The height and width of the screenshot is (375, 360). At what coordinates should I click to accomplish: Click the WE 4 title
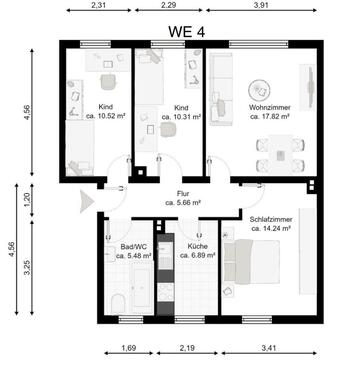(186, 32)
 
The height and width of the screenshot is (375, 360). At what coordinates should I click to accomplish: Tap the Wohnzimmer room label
(270, 107)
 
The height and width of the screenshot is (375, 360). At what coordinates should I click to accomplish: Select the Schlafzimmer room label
(271, 219)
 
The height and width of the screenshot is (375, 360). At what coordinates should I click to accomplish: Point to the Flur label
(183, 193)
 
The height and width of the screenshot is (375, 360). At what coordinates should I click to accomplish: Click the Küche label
(197, 246)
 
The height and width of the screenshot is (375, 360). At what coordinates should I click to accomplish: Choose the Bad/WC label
(134, 247)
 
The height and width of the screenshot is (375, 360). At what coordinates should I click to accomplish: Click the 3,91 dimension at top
(261, 5)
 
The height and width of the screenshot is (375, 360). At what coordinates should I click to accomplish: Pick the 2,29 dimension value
(168, 5)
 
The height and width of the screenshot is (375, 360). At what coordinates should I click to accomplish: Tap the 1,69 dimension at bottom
(129, 348)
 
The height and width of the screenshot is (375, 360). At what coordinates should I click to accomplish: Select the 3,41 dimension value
(269, 348)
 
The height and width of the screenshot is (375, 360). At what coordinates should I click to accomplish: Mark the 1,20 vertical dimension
(27, 199)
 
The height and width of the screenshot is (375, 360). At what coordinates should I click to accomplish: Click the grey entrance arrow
(87, 201)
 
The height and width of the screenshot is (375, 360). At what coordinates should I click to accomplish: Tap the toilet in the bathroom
(118, 303)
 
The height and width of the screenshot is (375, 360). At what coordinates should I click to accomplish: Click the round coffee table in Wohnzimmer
(259, 91)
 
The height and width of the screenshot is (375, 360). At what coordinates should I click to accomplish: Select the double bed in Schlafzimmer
(252, 262)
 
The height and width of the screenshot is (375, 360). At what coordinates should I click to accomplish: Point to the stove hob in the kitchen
(166, 292)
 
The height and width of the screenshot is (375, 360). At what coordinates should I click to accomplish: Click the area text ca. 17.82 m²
(269, 117)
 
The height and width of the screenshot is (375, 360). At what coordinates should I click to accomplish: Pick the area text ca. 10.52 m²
(105, 116)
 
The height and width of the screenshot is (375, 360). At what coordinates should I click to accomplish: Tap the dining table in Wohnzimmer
(281, 154)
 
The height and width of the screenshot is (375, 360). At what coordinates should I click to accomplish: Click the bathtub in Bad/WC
(141, 288)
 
